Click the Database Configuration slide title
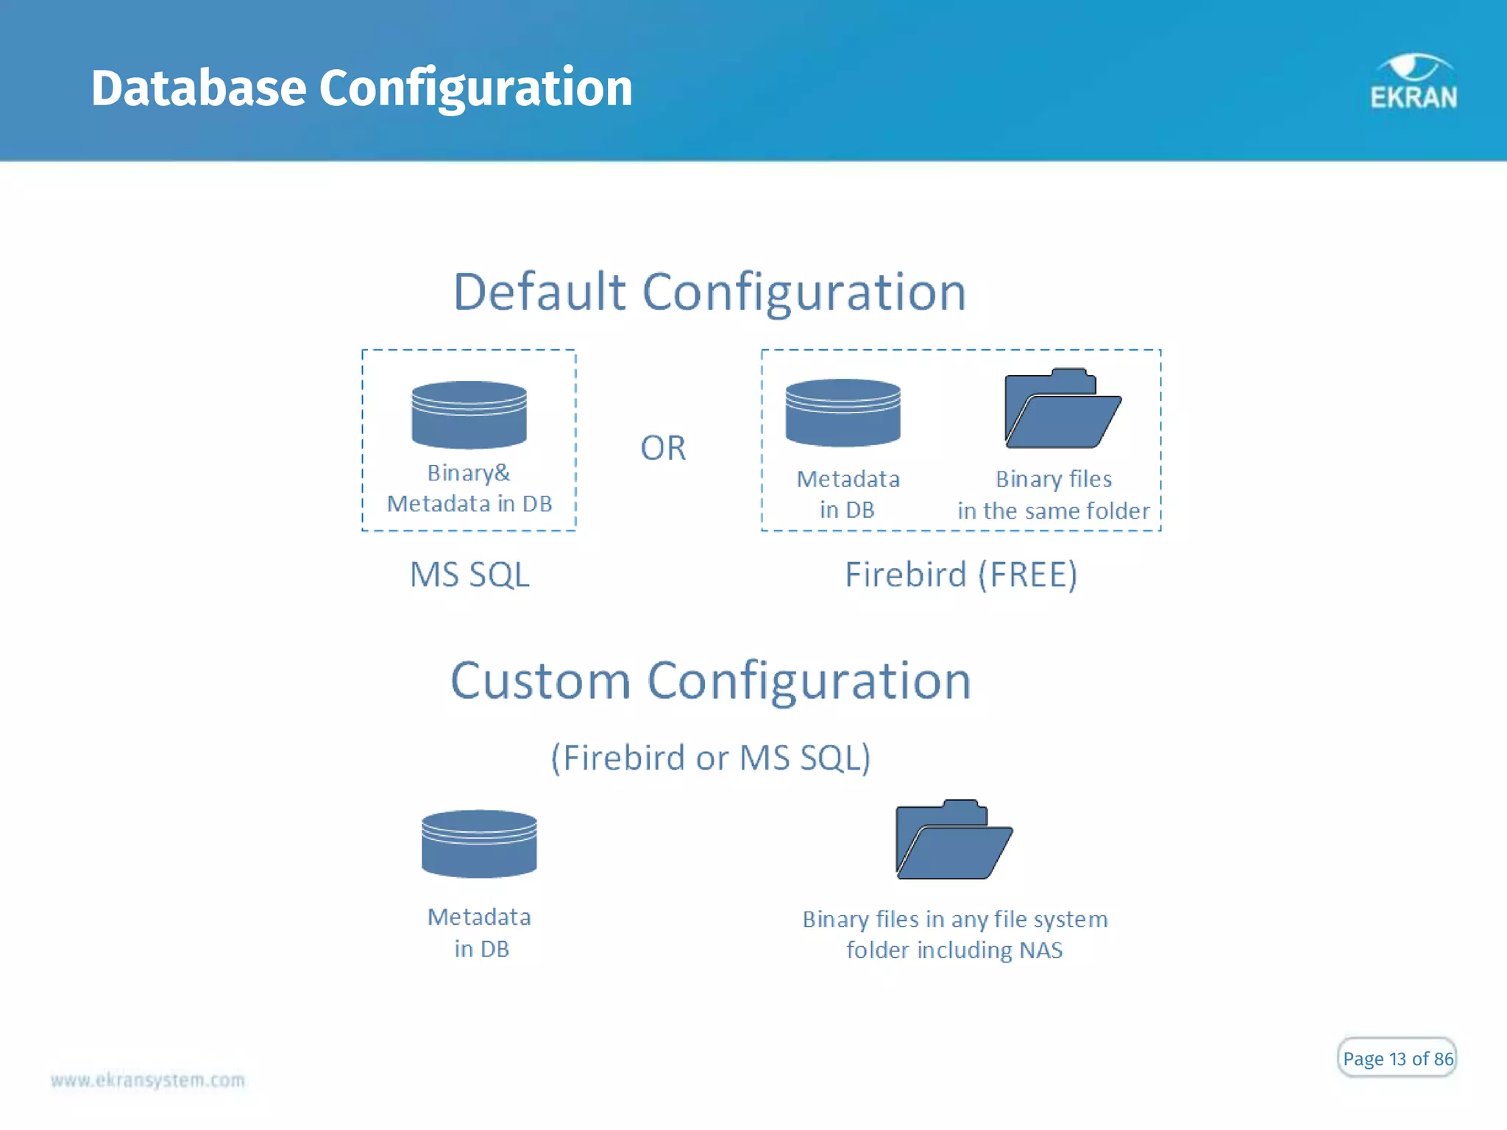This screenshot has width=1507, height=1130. [x=361, y=88]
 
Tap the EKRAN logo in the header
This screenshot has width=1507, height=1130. [x=1413, y=82]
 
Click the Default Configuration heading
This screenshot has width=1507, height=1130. [x=709, y=292]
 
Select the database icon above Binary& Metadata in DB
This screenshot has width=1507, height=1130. [x=469, y=415]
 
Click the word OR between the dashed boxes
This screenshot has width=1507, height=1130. [x=663, y=448]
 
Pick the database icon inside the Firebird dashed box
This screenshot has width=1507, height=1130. [x=843, y=413]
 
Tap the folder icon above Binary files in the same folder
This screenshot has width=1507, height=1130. [x=1062, y=409]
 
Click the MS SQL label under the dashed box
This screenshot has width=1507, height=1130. [x=469, y=575]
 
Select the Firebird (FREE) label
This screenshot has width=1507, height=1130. [x=960, y=575]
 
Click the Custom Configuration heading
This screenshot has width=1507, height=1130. [x=710, y=681]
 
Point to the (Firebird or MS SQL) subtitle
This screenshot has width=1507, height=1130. [x=711, y=758]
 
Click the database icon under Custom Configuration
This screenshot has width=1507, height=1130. [x=479, y=844]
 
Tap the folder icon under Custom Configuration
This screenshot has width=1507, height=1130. [x=954, y=840]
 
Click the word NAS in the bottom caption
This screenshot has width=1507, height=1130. [x=1040, y=950]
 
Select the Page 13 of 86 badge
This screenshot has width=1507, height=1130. [x=1397, y=1058]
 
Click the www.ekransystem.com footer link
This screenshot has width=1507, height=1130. [x=148, y=1080]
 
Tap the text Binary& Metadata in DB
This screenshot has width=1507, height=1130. [x=469, y=488]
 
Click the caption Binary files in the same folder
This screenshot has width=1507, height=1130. [x=1053, y=495]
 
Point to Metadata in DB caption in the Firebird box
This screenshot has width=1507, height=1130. [x=848, y=494]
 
